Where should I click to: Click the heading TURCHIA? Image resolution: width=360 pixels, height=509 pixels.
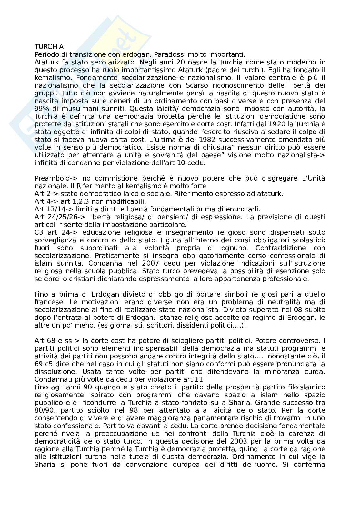pos(49,47)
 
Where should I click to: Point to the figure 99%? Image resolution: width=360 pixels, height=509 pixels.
pos(41,109)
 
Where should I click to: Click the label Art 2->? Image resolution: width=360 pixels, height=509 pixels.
pos(46,194)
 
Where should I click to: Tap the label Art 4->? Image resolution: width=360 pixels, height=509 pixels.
pos(46,201)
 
